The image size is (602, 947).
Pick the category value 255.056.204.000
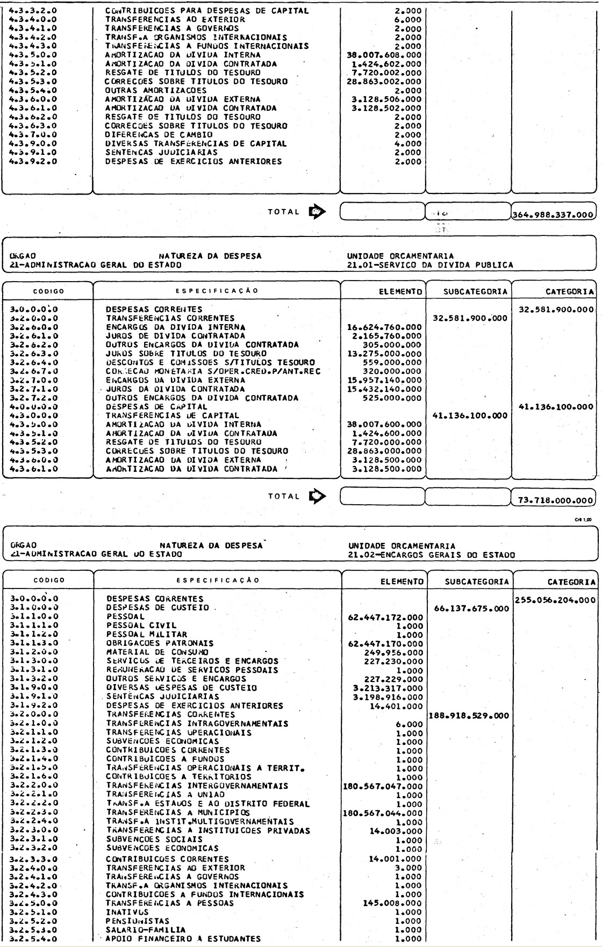555,599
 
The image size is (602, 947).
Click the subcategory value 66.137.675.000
470,608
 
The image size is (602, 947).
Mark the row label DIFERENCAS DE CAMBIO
159,134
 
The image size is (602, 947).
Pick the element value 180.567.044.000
382,813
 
